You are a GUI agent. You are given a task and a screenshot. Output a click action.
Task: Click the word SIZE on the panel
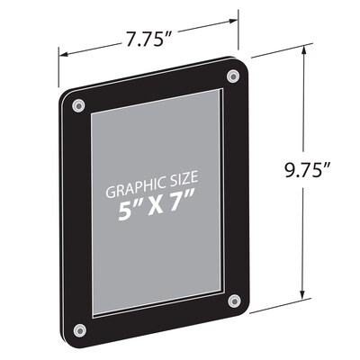186,191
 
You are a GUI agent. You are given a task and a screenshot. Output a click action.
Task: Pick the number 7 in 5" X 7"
185,213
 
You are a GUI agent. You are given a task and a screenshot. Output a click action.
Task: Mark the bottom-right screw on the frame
234,299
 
